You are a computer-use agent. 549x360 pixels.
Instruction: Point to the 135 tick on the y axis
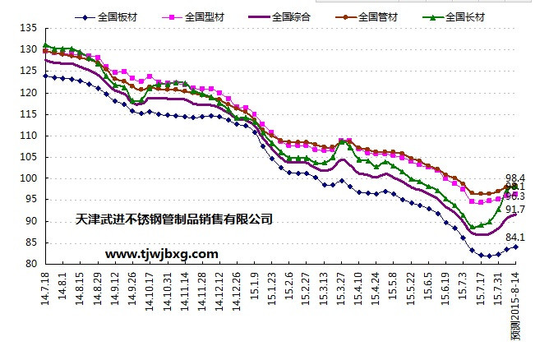tap(29, 29)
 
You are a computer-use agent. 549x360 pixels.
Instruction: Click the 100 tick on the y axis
tap(29, 178)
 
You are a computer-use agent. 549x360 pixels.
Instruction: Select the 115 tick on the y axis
tap(29, 114)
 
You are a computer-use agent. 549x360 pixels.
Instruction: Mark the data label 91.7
tap(515, 210)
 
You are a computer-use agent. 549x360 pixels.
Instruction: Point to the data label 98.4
tap(515, 178)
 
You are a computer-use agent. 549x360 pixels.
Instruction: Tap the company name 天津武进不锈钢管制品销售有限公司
tap(173, 219)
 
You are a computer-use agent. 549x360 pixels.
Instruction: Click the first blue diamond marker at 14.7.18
tap(45, 76)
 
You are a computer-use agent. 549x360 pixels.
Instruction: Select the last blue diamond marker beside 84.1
tap(516, 247)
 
